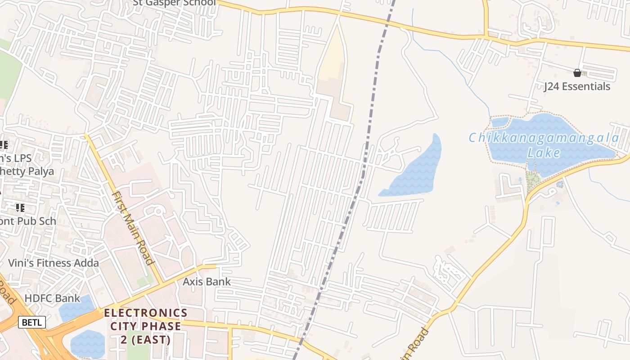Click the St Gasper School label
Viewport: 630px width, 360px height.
click(x=174, y=3)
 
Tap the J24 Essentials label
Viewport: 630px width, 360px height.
click(x=577, y=86)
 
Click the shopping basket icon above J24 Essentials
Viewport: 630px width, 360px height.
click(x=577, y=73)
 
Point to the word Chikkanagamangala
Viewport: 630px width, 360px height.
click(x=544, y=138)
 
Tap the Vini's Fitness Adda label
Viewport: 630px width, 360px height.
click(x=54, y=263)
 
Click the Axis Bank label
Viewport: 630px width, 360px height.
click(x=207, y=282)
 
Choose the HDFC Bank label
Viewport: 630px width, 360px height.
click(x=52, y=298)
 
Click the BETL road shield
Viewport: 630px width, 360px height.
click(x=32, y=322)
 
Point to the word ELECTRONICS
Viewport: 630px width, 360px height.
click(x=146, y=313)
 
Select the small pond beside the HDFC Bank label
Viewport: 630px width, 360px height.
click(x=74, y=310)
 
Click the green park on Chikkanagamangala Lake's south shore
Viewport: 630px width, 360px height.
click(x=534, y=180)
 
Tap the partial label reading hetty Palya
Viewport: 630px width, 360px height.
click(x=27, y=171)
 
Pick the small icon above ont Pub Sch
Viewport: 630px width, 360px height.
click(x=20, y=207)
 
